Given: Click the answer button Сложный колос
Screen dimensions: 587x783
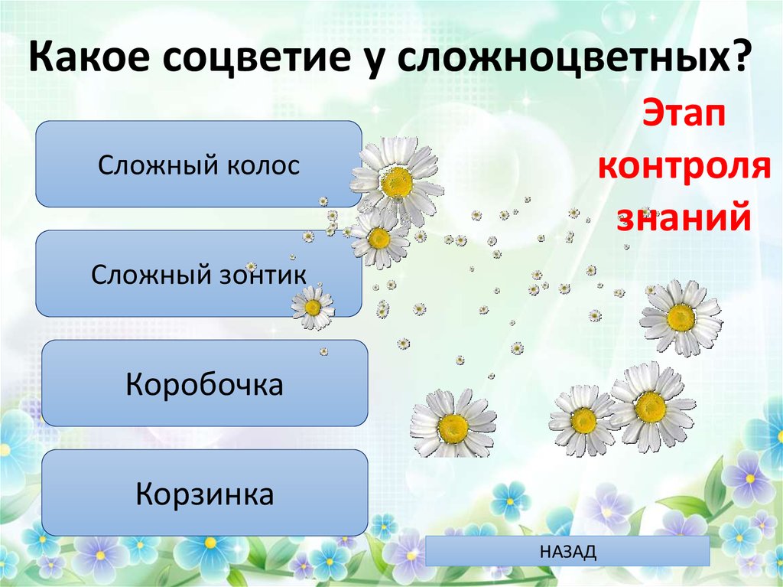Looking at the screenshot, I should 198,165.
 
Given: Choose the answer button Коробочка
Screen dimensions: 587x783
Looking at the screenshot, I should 204,383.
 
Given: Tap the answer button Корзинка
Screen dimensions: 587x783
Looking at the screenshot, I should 204,493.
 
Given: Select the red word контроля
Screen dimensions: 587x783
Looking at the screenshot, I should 683,167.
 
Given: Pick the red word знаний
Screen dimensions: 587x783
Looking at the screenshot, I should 683,217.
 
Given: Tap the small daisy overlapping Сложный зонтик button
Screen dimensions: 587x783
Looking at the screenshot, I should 313,308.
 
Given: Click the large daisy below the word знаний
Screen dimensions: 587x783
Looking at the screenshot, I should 681,317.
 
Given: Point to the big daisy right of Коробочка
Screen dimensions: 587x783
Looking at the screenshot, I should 453,424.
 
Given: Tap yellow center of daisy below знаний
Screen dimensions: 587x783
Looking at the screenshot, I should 681,317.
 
